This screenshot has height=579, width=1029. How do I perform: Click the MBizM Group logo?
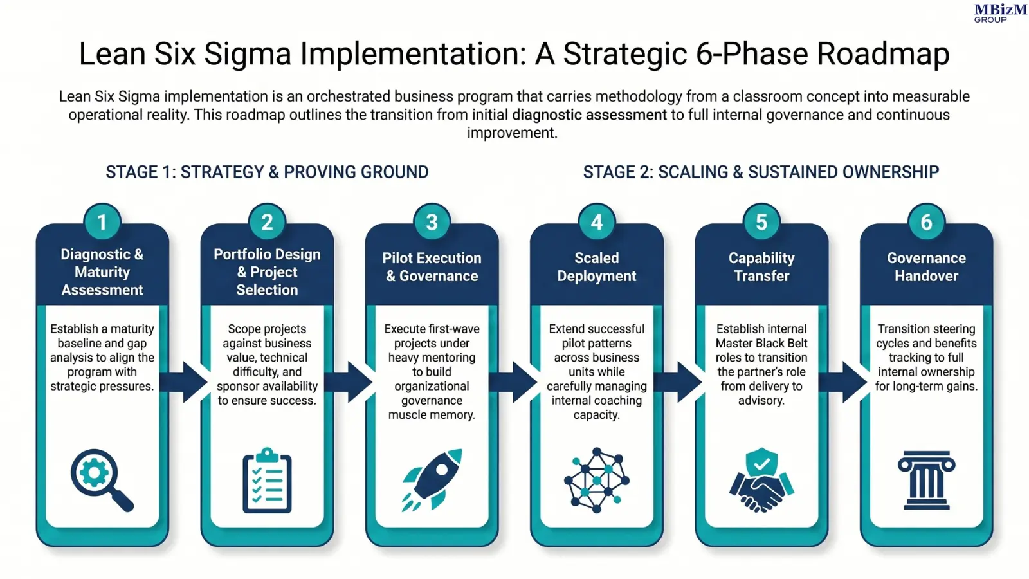click(x=1000, y=13)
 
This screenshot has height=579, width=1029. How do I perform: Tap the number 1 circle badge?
click(x=102, y=222)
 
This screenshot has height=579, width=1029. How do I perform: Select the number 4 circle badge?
click(x=596, y=222)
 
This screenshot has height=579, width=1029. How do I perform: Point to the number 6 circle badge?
click(x=926, y=222)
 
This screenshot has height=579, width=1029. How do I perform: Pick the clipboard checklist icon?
click(x=267, y=481)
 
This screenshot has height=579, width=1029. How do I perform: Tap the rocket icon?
click(x=432, y=479)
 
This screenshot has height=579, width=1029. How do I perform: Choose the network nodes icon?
click(x=596, y=480)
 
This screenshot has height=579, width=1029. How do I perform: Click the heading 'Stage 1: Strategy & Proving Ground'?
click(x=267, y=172)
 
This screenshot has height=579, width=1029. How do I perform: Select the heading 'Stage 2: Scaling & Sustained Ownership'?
click(x=761, y=172)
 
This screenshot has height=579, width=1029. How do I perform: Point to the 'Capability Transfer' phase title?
click(x=761, y=267)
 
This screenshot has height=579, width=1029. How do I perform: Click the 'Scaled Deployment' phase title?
click(x=596, y=267)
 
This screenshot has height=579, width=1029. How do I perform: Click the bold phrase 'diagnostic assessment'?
click(x=589, y=115)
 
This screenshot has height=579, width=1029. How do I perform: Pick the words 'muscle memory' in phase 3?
click(x=432, y=415)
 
